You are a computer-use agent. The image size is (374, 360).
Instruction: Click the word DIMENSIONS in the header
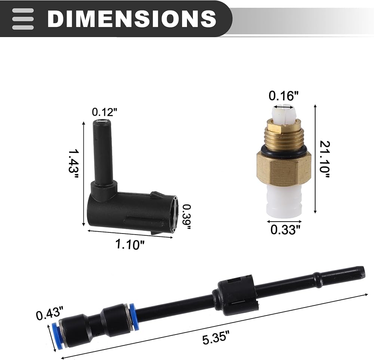pos(132,18)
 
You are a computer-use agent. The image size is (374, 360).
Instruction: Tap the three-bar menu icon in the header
pos(23,19)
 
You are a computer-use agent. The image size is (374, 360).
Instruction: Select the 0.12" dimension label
pos(105,112)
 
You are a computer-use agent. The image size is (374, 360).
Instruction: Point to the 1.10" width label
pos(130,244)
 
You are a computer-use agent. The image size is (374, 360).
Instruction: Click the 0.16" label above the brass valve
pos(283,96)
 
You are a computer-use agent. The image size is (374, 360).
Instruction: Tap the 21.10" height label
pos(324,159)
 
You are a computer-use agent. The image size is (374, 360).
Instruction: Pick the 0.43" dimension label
pos(50,314)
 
